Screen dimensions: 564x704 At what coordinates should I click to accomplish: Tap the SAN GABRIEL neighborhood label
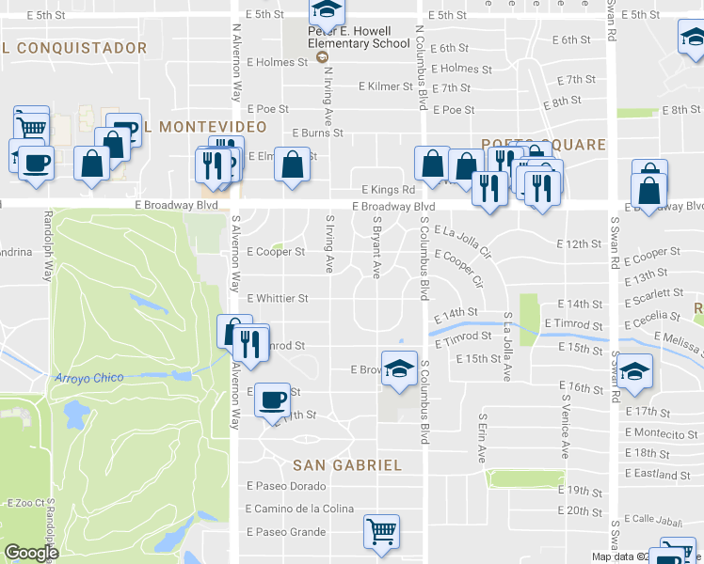click(x=347, y=465)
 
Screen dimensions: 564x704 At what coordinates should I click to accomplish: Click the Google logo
click(x=31, y=553)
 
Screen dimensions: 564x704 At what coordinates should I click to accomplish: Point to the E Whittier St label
click(x=277, y=299)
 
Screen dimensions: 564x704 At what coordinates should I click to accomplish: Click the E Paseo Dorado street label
click(x=286, y=486)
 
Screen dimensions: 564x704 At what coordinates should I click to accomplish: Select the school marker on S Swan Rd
click(x=635, y=372)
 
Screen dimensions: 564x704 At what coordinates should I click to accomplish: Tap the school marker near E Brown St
click(x=399, y=367)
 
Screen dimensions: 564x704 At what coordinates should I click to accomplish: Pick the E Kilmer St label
click(x=385, y=86)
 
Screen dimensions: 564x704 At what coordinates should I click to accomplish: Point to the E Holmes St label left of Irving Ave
click(x=277, y=63)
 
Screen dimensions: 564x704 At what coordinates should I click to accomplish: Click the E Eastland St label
click(x=664, y=475)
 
